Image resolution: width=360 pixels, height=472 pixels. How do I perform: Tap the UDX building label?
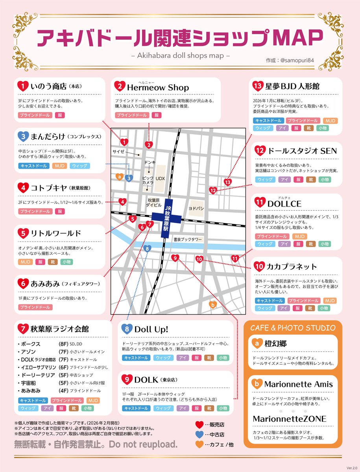pyautogui.click(x=160, y=179)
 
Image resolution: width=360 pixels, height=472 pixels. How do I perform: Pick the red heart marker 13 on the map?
pyautogui.click(x=227, y=182)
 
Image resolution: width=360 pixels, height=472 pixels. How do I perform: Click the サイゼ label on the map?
pyautogui.click(x=118, y=151)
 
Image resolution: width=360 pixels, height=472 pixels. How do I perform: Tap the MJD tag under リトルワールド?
pyautogui.click(x=26, y=262)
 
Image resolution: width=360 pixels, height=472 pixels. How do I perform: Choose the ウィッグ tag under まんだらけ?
pyautogui.click(x=80, y=166)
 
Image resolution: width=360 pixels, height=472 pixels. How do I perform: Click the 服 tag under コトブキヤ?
pyautogui.click(x=60, y=212)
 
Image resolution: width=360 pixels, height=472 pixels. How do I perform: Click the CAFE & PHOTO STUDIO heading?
pyautogui.click(x=293, y=328)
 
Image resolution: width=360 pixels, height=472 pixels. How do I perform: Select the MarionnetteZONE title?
pyautogui.click(x=289, y=419)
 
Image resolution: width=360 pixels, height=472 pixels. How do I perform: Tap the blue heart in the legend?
pyautogui.click(x=199, y=435)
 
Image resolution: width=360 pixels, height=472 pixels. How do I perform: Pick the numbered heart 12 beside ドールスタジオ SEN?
pyautogui.click(x=259, y=151)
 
